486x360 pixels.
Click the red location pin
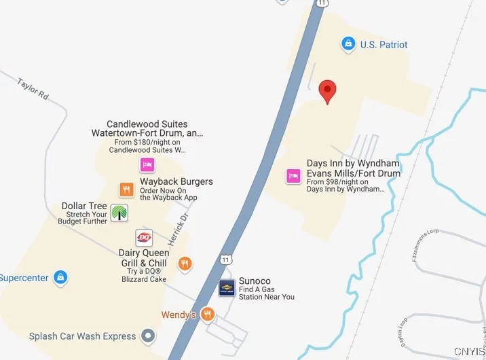click(x=328, y=91)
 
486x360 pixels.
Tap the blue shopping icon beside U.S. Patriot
click(x=348, y=44)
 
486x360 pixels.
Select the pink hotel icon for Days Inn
click(x=293, y=175)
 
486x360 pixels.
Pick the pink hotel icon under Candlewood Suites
click(x=147, y=164)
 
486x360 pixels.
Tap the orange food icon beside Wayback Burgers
click(x=126, y=190)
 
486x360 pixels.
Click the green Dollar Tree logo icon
click(x=119, y=213)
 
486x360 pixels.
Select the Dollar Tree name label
click(x=84, y=206)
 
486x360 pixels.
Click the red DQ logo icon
click(x=144, y=236)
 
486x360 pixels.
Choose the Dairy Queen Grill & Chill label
click(x=144, y=258)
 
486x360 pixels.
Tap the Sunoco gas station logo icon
click(x=227, y=288)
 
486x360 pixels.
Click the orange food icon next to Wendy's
click(x=208, y=314)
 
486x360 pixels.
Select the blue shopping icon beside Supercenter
click(x=61, y=277)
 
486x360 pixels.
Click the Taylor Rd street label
click(x=33, y=89)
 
